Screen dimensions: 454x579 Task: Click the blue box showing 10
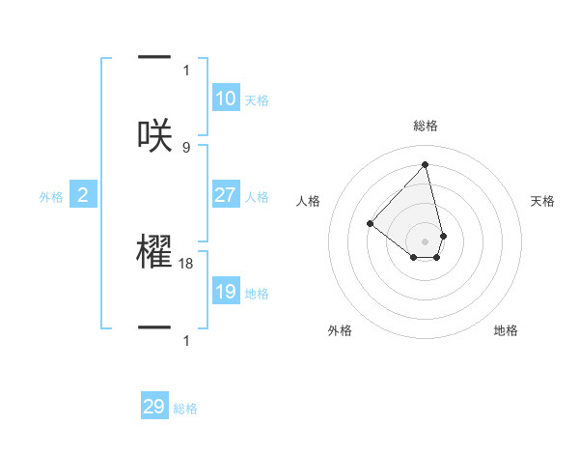pos(226,99)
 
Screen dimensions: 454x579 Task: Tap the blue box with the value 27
pos(226,195)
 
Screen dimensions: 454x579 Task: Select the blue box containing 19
pos(226,292)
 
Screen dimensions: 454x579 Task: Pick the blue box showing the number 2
pos(83,195)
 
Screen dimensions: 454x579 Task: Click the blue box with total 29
pos(154,407)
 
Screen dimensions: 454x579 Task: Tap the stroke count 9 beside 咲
pos(186,147)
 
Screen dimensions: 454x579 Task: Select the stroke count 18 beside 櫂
pos(187,263)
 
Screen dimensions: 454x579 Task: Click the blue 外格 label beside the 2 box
pos(51,197)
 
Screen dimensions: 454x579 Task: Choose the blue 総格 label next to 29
pos(185,409)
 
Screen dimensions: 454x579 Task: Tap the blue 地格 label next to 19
pos(258,294)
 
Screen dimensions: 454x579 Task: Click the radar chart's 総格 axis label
pos(426,126)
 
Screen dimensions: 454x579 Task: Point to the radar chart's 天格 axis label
pos(543,201)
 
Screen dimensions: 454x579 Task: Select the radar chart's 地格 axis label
pos(506,330)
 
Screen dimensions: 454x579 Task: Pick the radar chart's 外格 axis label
pos(340,330)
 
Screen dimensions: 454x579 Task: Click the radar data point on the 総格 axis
pos(425,164)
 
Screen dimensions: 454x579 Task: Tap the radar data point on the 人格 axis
pos(370,223)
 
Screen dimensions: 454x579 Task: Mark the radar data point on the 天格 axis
pos(443,236)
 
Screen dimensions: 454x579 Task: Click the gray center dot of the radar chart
pos(425,241)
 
